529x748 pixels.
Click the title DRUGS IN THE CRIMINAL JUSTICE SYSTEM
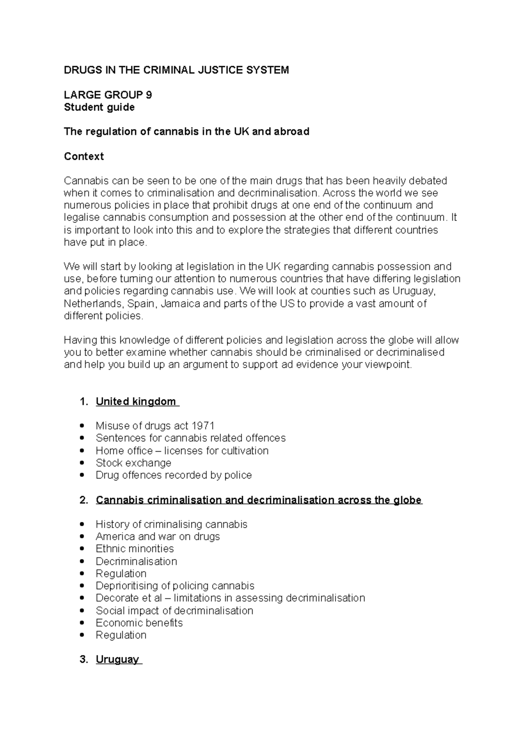(176, 70)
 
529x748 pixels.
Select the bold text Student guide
(99, 107)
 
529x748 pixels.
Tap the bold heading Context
(84, 157)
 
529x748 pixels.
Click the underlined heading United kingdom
(137, 401)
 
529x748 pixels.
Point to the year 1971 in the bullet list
(203, 426)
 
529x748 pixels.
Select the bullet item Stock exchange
(133, 463)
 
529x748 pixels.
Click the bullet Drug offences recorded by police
(174, 475)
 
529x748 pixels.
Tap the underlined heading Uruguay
(118, 660)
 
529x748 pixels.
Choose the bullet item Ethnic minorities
(134, 549)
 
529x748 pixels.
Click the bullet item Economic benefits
(139, 623)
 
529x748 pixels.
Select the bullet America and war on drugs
(157, 537)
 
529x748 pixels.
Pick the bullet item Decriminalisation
(136, 561)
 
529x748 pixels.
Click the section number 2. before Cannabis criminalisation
(83, 500)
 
